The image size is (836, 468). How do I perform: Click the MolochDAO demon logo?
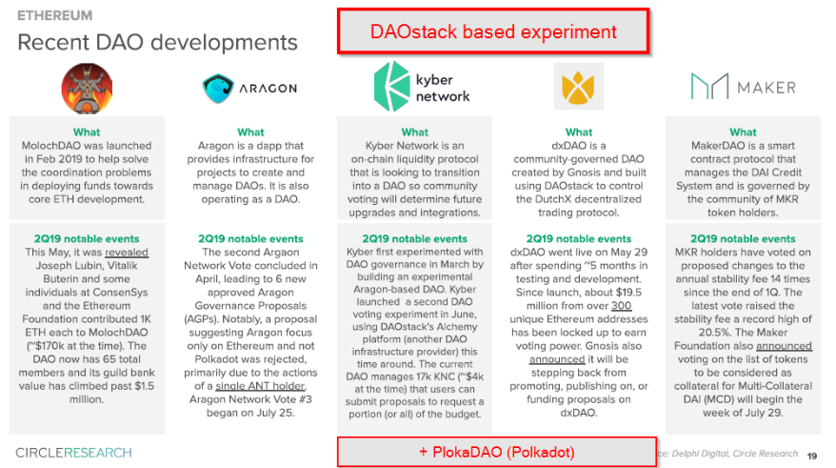(87, 88)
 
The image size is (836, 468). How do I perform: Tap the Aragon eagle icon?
(217, 88)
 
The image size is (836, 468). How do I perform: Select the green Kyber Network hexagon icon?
(391, 86)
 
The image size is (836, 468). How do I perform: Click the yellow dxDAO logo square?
(579, 86)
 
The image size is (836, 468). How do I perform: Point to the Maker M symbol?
(709, 86)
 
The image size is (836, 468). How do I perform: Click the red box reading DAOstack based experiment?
(493, 31)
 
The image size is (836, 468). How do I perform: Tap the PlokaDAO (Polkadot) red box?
(497, 452)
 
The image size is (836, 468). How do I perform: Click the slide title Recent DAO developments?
(157, 42)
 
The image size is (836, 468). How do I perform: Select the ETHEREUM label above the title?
(55, 15)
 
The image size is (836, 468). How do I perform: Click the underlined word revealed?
(127, 253)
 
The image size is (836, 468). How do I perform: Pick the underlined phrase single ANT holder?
(260, 386)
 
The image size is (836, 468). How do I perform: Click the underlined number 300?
(621, 306)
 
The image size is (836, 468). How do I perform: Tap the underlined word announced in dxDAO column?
(557, 359)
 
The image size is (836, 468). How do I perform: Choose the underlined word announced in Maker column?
(784, 346)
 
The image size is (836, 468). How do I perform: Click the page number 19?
(811, 456)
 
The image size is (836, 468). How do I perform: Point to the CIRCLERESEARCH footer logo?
(73, 453)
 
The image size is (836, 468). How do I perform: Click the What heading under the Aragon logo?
(250, 132)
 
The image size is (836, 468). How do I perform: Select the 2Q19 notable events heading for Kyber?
(414, 238)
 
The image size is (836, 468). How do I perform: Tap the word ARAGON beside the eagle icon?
(269, 89)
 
